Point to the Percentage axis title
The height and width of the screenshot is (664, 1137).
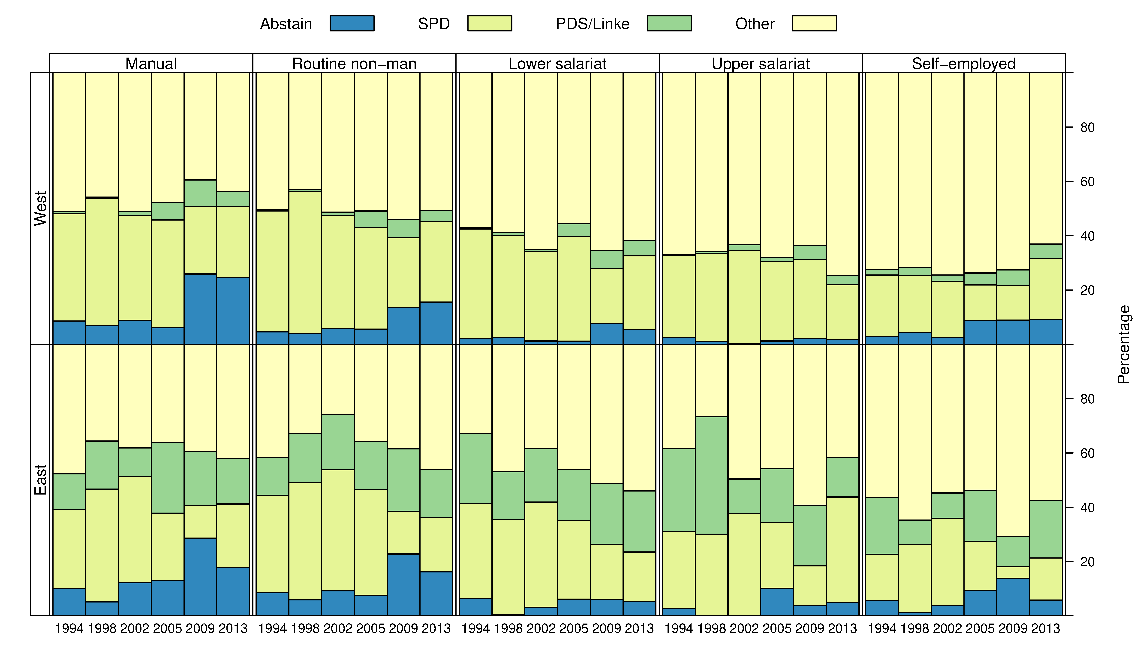(x=1123, y=344)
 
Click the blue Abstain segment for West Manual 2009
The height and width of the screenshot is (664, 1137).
(x=200, y=309)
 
